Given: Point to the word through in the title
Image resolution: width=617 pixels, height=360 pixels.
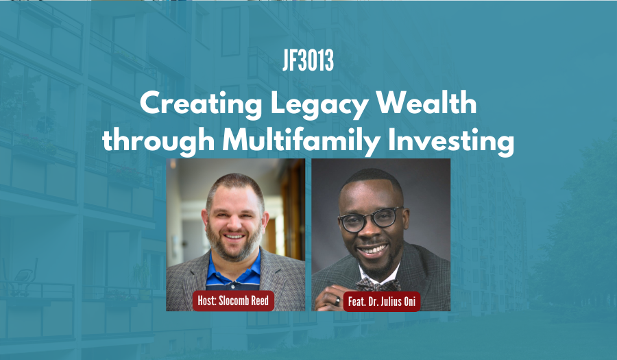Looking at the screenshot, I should (151, 141).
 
